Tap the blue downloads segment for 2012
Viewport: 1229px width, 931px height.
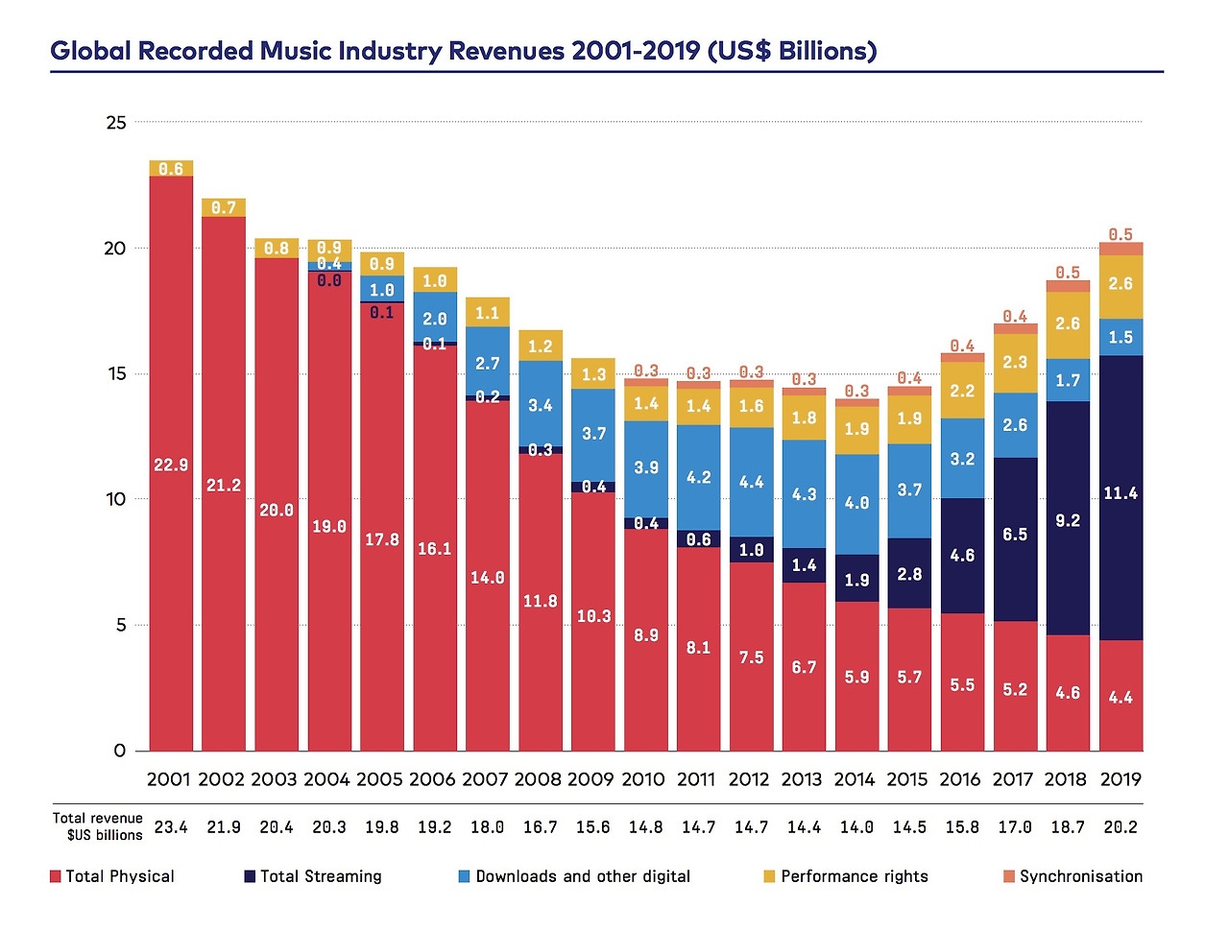click(x=752, y=482)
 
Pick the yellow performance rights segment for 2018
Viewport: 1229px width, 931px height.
click(x=1068, y=324)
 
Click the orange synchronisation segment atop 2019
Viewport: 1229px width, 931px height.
click(x=1121, y=249)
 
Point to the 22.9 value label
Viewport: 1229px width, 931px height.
click(x=171, y=465)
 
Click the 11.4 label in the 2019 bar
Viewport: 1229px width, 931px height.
click(x=1121, y=493)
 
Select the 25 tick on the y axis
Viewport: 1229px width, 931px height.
click(x=116, y=123)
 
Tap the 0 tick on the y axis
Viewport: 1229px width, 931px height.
click(x=119, y=751)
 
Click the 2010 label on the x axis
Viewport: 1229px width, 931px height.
click(x=643, y=779)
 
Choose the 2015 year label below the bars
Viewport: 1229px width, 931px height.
click(x=907, y=779)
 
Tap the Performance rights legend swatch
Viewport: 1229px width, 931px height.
click(x=769, y=876)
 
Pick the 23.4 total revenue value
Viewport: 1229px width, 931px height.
click(x=171, y=826)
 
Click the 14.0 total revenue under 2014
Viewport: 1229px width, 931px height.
click(x=856, y=826)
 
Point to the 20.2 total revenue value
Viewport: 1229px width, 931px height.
click(x=1121, y=826)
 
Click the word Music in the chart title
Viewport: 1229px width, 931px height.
click(x=297, y=50)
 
